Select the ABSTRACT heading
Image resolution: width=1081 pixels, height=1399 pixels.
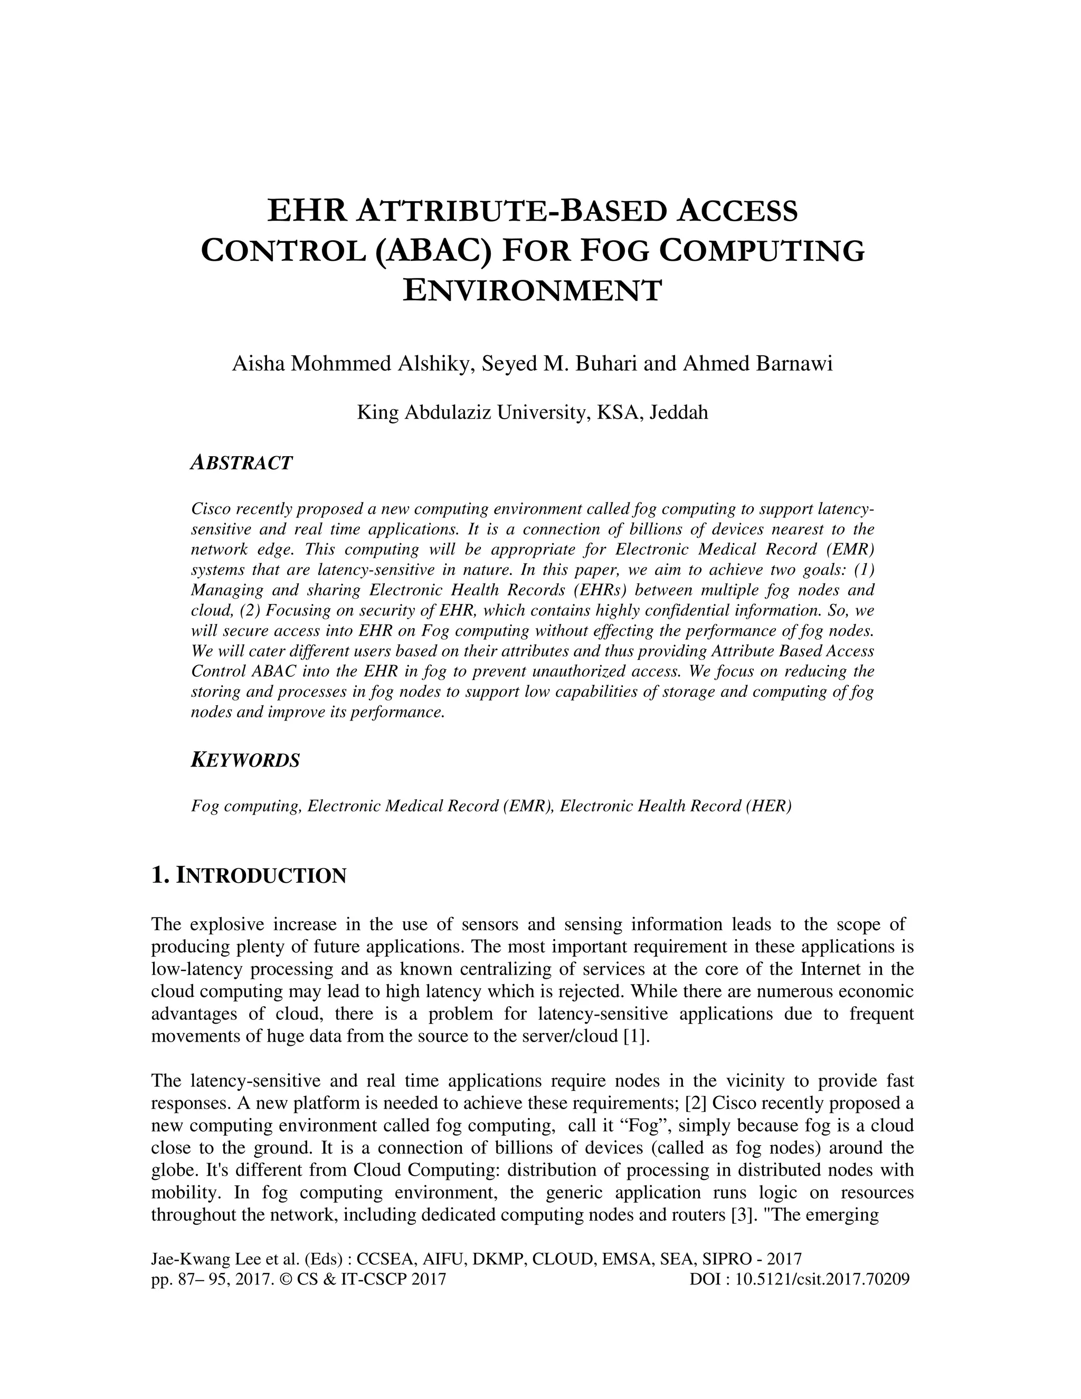click(x=241, y=462)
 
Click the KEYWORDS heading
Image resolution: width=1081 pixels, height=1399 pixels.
click(x=245, y=760)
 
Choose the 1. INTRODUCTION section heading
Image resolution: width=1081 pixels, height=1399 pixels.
click(x=249, y=875)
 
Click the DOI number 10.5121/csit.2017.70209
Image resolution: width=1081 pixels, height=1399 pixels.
click(x=822, y=1280)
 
